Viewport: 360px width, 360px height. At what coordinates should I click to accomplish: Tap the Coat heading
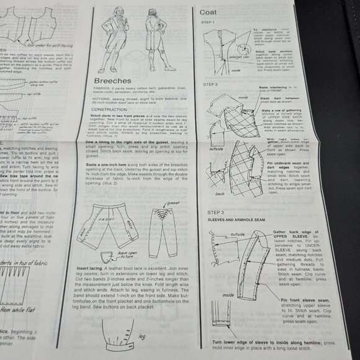(x=209, y=11)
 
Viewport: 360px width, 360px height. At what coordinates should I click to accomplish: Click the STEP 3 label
(x=207, y=213)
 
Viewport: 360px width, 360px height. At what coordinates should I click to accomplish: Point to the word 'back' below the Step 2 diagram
(x=220, y=194)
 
